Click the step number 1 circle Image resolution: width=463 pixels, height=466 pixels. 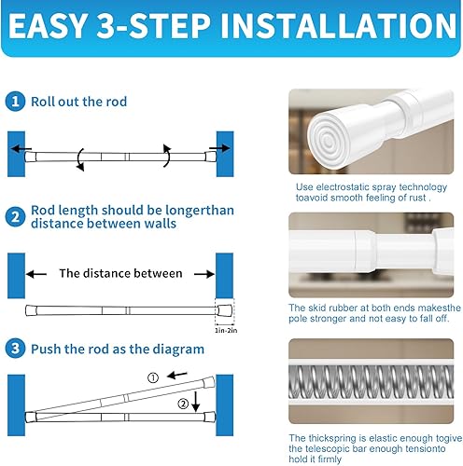pyautogui.click(x=15, y=102)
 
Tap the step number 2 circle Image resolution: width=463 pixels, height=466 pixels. pyautogui.click(x=15, y=217)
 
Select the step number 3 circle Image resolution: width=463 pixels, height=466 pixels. pyautogui.click(x=15, y=349)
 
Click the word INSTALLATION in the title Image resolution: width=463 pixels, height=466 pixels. pyautogui.click(x=339, y=26)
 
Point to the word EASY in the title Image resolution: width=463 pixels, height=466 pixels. pyautogui.click(x=48, y=26)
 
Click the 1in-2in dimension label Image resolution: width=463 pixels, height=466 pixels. pyautogui.click(x=226, y=331)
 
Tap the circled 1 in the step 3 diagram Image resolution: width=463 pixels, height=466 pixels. pyautogui.click(x=153, y=377)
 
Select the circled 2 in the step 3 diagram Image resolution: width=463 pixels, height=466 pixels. pyautogui.click(x=183, y=404)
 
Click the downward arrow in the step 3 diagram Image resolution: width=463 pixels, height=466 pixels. pyautogui.click(x=195, y=402)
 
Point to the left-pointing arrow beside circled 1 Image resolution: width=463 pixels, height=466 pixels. pyautogui.click(x=177, y=376)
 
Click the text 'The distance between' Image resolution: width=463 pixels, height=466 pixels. pyautogui.click(x=120, y=273)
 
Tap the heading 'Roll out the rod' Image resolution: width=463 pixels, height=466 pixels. pyautogui.click(x=78, y=102)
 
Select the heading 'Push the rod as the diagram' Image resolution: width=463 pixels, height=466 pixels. pyautogui.click(x=118, y=349)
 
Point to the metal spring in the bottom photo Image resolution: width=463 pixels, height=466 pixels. pyautogui.click(x=371, y=381)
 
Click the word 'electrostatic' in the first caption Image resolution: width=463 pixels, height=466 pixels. pyautogui.click(x=344, y=187)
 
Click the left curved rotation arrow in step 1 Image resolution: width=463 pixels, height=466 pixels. pyautogui.click(x=80, y=159)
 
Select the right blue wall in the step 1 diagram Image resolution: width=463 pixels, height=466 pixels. pyautogui.click(x=225, y=154)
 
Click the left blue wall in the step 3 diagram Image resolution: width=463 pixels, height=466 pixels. pyautogui.click(x=16, y=405)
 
